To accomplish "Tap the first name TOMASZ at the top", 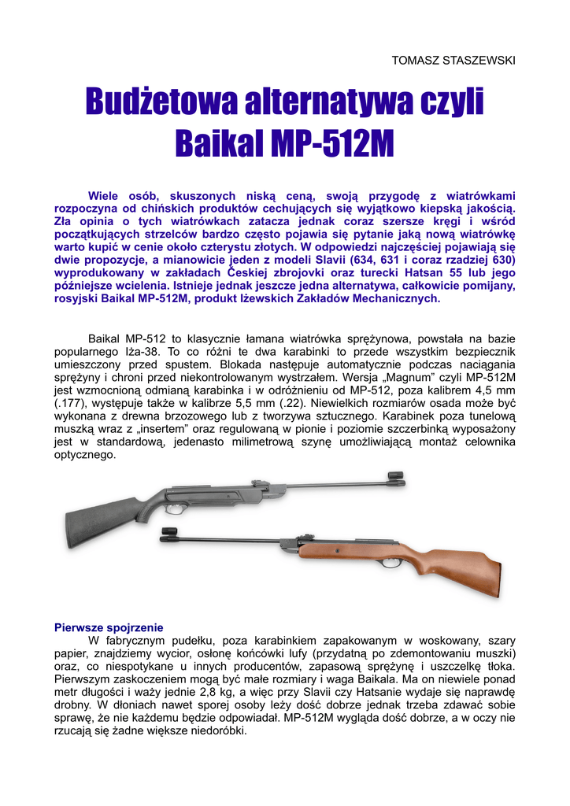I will pyautogui.click(x=416, y=61).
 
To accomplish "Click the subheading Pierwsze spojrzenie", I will pyautogui.click(x=108, y=627).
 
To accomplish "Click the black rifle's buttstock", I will pyautogui.click(x=94, y=519).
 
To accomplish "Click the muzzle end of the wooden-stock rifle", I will pyautogui.click(x=165, y=538).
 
